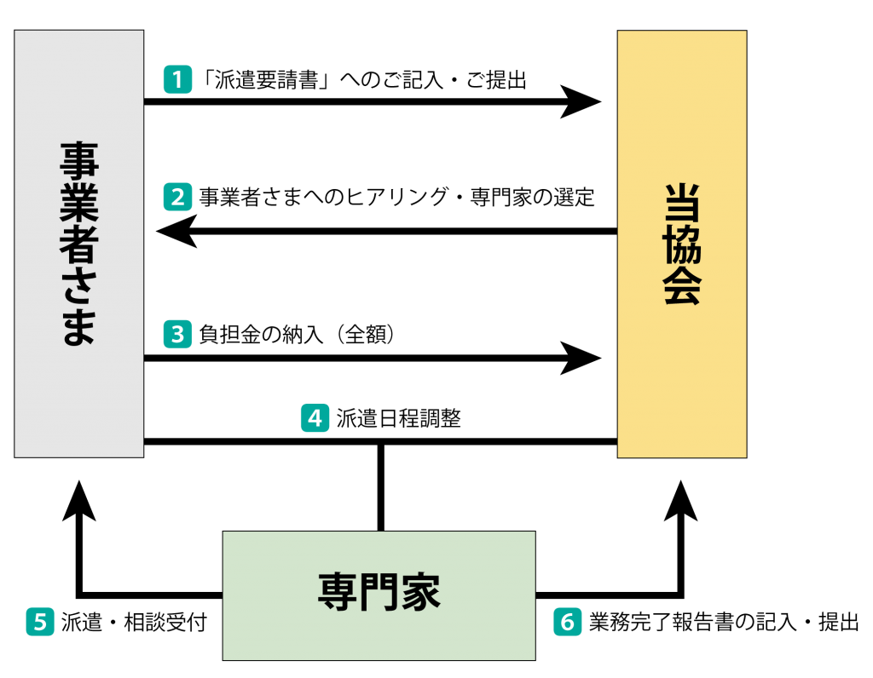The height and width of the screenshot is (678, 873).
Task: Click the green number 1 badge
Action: click(x=177, y=79)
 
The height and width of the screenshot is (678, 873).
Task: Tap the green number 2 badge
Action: click(x=177, y=197)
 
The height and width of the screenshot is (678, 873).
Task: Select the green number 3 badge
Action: click(x=177, y=334)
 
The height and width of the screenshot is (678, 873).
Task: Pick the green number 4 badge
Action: click(x=315, y=418)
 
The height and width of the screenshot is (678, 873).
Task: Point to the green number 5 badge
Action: click(x=40, y=622)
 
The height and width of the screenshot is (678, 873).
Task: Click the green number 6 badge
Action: click(x=567, y=622)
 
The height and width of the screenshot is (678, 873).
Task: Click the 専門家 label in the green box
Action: click(x=379, y=592)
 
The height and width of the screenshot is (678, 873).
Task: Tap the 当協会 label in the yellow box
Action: click(x=681, y=244)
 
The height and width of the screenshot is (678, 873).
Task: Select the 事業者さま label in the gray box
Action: click(x=79, y=244)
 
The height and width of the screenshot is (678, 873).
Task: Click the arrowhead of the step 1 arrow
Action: click(x=581, y=101)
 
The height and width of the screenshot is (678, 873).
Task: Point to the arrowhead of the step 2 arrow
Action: click(x=177, y=231)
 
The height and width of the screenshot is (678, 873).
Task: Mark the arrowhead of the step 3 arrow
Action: click(x=581, y=359)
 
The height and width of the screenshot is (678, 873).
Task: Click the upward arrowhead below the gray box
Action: click(x=79, y=501)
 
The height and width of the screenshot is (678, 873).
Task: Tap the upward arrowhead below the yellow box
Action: click(x=681, y=501)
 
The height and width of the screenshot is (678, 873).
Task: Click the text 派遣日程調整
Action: click(x=399, y=418)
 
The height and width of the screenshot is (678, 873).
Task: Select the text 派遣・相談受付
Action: click(x=134, y=622)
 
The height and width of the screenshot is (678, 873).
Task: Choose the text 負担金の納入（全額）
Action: click(x=297, y=334)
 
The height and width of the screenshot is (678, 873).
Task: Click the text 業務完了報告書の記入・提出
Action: click(x=724, y=622)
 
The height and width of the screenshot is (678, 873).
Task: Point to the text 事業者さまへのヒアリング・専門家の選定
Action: click(x=397, y=197)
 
